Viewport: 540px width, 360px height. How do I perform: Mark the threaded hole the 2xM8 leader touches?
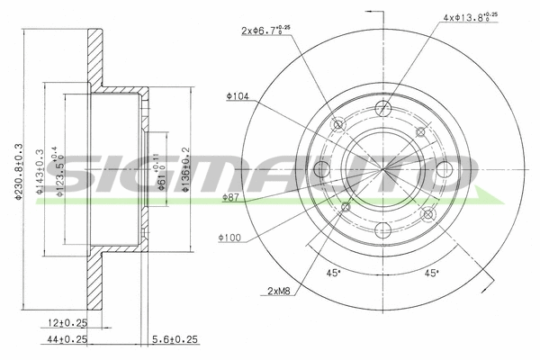pos(345,208)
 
